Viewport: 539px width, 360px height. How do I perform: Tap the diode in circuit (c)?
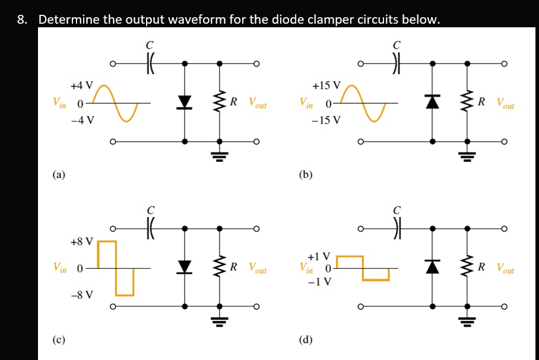pos(185,267)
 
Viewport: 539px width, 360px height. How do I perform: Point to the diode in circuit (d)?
pos(433,267)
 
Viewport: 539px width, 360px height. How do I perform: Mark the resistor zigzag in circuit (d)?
pos(468,267)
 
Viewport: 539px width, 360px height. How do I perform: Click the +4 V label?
pos(81,85)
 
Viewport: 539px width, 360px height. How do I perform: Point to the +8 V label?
pos(81,241)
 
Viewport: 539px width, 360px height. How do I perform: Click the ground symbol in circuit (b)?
pos(468,155)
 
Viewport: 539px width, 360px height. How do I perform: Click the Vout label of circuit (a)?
pos(258,104)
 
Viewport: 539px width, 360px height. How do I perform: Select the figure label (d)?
pos(306,340)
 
